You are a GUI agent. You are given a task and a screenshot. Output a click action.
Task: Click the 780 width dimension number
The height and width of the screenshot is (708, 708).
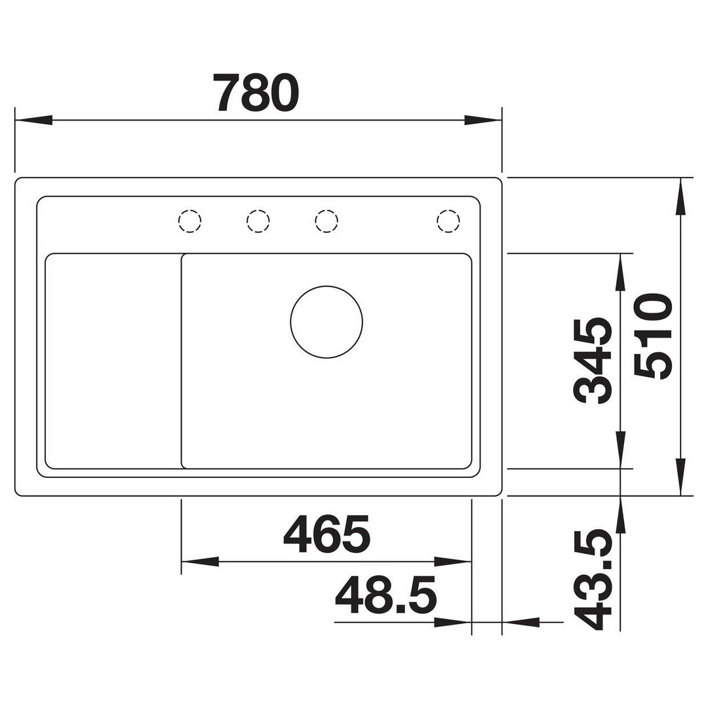coord(256,93)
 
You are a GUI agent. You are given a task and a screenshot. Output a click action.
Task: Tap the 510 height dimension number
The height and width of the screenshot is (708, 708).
coord(653,336)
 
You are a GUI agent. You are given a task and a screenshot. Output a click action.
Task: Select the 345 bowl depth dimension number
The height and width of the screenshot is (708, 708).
coord(593,361)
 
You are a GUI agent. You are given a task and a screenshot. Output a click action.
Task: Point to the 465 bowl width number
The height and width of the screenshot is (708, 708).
coord(326,535)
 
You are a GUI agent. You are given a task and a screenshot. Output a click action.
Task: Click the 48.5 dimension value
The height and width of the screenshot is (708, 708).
coord(386,595)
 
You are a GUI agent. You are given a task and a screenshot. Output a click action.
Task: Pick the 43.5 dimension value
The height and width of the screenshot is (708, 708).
coord(593,580)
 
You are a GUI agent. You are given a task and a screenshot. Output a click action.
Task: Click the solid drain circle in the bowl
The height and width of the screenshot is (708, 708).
coord(326,322)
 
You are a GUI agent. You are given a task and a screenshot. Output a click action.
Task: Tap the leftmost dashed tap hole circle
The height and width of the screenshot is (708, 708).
coord(189,221)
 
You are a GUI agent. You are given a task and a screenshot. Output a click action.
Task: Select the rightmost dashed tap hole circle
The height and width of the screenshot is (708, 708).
coord(448,221)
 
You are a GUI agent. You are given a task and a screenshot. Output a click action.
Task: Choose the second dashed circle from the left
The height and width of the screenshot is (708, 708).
coord(258,221)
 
